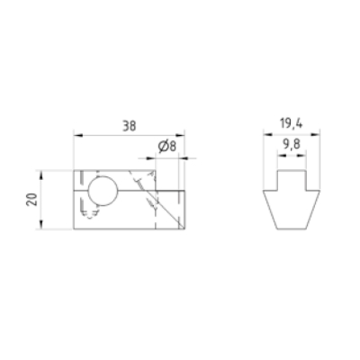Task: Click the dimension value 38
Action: tap(130, 126)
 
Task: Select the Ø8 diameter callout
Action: tap(167, 147)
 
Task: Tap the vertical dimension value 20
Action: tap(31, 200)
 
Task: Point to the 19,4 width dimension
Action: tap(292, 123)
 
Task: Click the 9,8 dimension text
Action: tap(292, 145)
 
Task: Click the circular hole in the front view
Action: tap(103, 191)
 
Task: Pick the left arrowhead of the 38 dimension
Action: tap(78, 136)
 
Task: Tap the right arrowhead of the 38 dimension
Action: tap(180, 136)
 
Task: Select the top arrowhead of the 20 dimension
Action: tap(41, 175)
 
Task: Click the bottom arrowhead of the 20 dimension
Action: tap(41, 225)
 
